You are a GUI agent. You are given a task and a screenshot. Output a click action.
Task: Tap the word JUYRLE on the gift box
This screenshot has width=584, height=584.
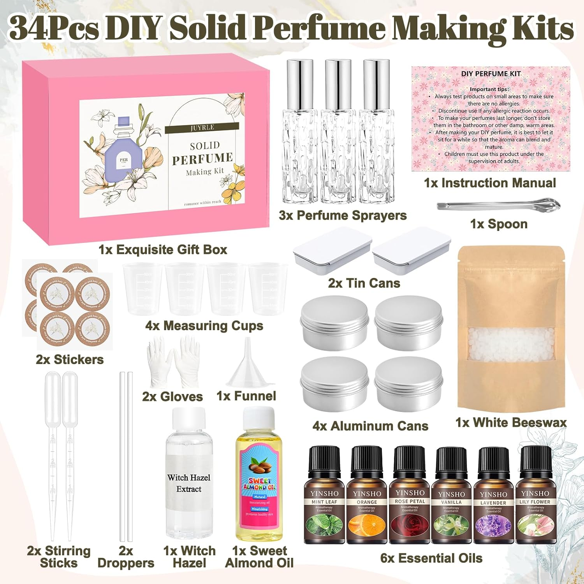pyautogui.click(x=202, y=128)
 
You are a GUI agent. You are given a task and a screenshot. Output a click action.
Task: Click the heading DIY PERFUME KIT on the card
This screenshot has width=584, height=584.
pyautogui.click(x=491, y=74)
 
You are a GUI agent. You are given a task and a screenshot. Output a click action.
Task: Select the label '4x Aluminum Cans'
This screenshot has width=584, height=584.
pyautogui.click(x=370, y=426)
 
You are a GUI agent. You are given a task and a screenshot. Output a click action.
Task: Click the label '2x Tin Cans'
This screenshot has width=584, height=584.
pyautogui.click(x=364, y=283)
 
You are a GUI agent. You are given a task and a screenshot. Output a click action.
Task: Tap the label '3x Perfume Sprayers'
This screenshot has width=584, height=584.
pyautogui.click(x=343, y=215)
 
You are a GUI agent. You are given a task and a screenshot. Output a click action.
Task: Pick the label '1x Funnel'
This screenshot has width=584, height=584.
pyautogui.click(x=246, y=396)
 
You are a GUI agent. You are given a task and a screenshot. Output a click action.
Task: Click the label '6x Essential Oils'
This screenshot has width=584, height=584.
pyautogui.click(x=431, y=558)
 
